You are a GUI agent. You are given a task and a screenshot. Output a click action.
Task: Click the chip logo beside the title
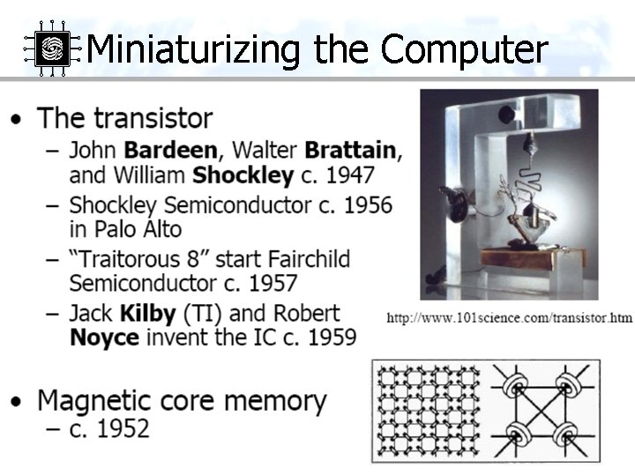[x=52, y=48]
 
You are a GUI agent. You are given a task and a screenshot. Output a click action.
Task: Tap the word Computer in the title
[x=464, y=49]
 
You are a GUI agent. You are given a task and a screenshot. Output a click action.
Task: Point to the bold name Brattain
[x=352, y=149]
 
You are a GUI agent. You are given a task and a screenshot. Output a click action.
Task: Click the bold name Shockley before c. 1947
[x=243, y=175]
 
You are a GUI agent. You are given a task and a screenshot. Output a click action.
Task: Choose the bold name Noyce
[x=104, y=337]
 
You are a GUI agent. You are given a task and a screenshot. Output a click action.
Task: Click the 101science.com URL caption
[x=509, y=317]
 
